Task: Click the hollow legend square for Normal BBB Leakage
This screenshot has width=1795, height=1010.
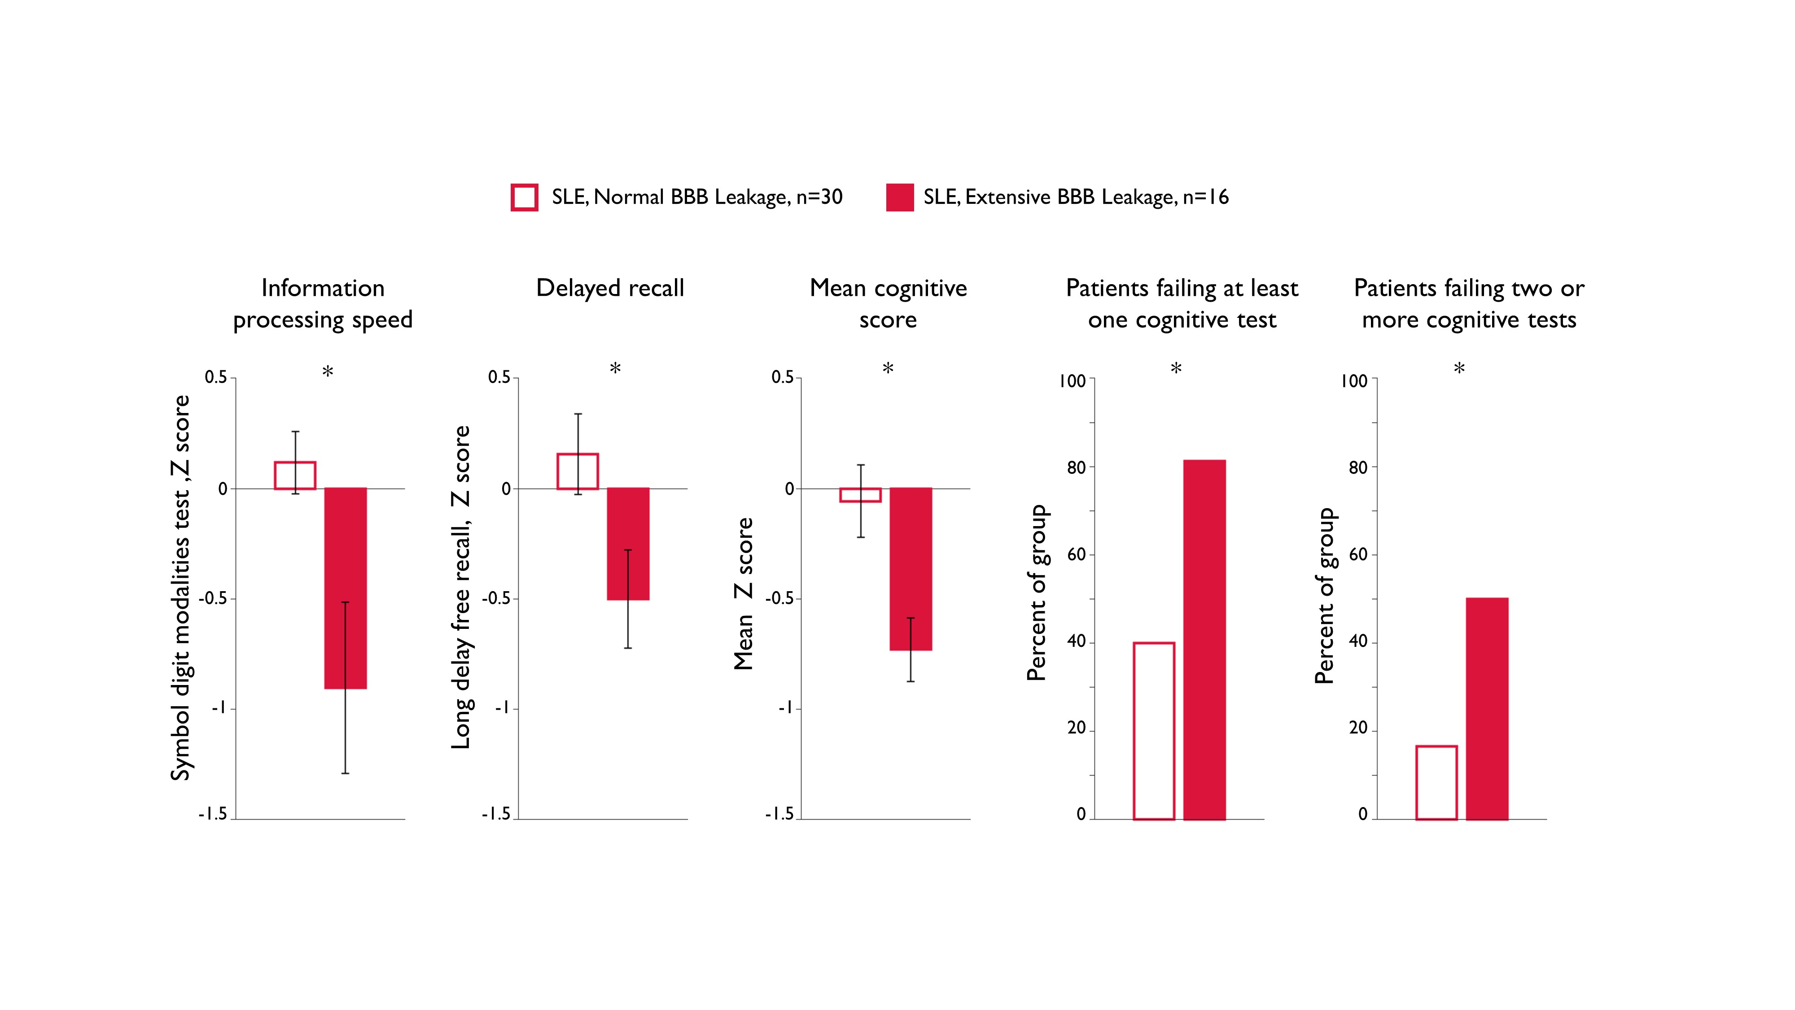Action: click(x=524, y=197)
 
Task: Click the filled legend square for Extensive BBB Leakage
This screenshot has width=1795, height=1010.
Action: click(x=900, y=197)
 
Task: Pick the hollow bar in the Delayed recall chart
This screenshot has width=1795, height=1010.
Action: click(x=578, y=471)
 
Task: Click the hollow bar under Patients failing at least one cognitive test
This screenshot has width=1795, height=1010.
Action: click(x=1154, y=730)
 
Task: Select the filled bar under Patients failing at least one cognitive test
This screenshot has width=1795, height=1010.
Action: click(x=1204, y=639)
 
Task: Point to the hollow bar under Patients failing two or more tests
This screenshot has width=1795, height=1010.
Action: click(x=1436, y=782)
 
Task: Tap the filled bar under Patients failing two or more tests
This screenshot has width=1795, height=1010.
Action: click(x=1487, y=708)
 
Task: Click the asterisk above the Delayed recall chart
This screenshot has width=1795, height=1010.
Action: click(x=615, y=369)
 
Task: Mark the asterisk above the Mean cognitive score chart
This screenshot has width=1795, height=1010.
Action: click(x=888, y=369)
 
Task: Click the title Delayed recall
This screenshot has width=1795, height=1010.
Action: click(x=610, y=288)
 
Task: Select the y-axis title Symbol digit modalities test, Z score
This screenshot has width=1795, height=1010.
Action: click(x=180, y=588)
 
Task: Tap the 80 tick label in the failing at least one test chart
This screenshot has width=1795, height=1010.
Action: click(x=1077, y=468)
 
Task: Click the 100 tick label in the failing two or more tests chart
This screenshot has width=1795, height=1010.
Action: click(x=1354, y=381)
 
